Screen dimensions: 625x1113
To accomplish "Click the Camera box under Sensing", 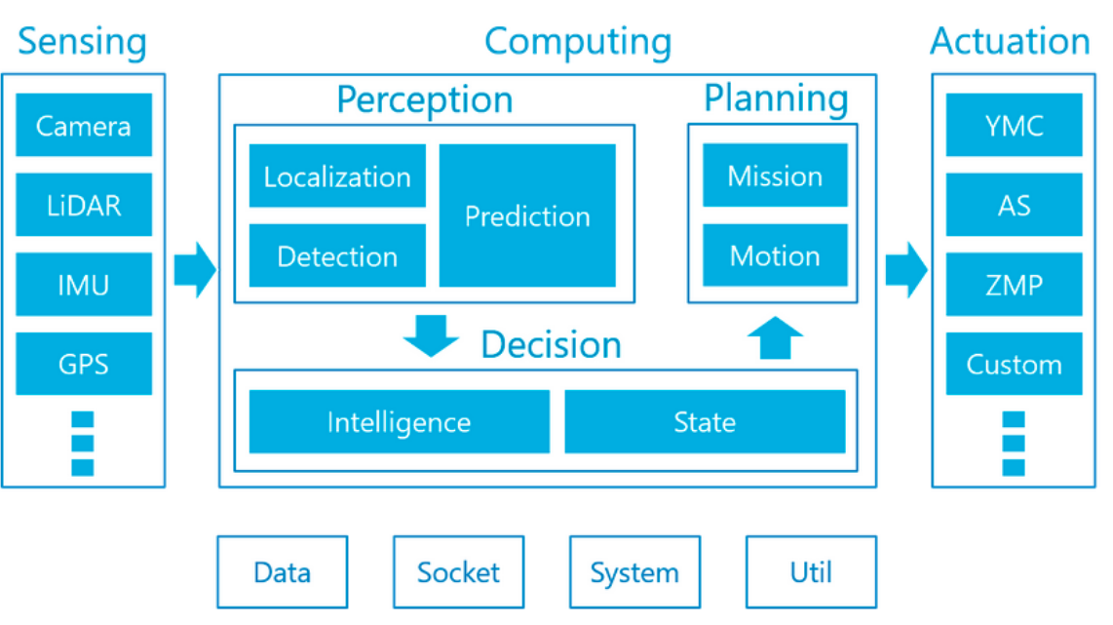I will (84, 125).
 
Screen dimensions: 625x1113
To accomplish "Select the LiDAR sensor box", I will (84, 205).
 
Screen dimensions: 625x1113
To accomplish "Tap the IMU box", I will (84, 285).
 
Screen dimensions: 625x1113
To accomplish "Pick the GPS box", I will (84, 364).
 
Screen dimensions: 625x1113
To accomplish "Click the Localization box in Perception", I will (337, 176).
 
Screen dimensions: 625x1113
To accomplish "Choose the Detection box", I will (337, 255).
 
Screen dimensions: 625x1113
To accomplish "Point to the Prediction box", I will (527, 215).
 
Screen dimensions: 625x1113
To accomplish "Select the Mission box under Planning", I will (775, 176).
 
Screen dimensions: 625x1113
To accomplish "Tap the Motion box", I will (775, 255).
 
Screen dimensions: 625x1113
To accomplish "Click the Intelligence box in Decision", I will (399, 422).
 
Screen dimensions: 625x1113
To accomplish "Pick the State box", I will (705, 422).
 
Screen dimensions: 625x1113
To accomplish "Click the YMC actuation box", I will (1014, 125).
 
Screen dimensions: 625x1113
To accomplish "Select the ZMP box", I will (1014, 285).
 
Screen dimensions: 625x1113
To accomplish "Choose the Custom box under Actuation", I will (1014, 364).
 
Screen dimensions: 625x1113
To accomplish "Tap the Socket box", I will (458, 571).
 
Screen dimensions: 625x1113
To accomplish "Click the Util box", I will (811, 571).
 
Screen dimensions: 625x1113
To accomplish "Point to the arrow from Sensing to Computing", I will (194, 270).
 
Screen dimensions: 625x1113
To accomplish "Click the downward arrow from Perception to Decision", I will (430, 334).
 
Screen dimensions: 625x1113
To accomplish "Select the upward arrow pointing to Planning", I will (775, 338).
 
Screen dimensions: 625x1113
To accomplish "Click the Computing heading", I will (578, 41).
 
